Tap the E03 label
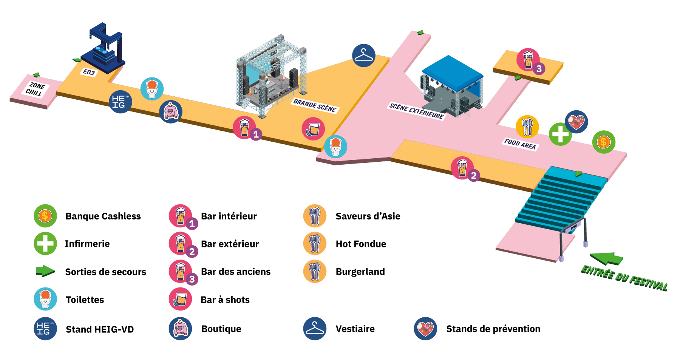coord(89,72)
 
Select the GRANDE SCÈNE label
coord(315,105)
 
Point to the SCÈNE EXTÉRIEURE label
coord(416,111)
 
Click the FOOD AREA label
coord(520,144)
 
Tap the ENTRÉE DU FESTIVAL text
coord(624,278)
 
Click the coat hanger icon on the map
coord(363,56)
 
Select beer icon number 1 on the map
coord(244,128)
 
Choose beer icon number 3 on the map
coord(528,59)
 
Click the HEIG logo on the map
coord(121,102)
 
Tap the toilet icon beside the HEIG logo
coord(152,89)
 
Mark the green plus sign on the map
coord(560,134)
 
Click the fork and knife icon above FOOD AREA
coord(527,127)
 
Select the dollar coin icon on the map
coord(604,142)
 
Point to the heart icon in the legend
coord(425,328)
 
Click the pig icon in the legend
coord(180,328)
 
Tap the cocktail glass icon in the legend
coord(180,299)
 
